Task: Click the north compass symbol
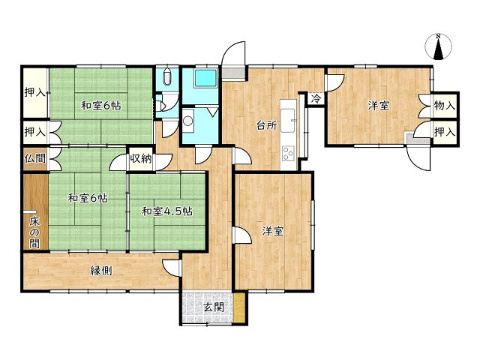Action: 438,46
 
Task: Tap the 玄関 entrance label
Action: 214,307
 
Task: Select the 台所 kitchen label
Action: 267,125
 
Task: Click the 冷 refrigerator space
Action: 316,98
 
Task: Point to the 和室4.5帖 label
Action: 167,211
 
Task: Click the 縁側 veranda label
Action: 100,271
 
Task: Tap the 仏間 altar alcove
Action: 35,158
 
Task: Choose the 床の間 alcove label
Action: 34,232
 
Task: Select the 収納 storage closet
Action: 141,158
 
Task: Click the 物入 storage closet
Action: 445,106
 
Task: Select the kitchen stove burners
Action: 288,153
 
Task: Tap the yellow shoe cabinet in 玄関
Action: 240,307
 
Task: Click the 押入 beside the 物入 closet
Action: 445,132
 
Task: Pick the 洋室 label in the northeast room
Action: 379,106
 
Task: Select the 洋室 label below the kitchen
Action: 273,232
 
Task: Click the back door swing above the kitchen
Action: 233,53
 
